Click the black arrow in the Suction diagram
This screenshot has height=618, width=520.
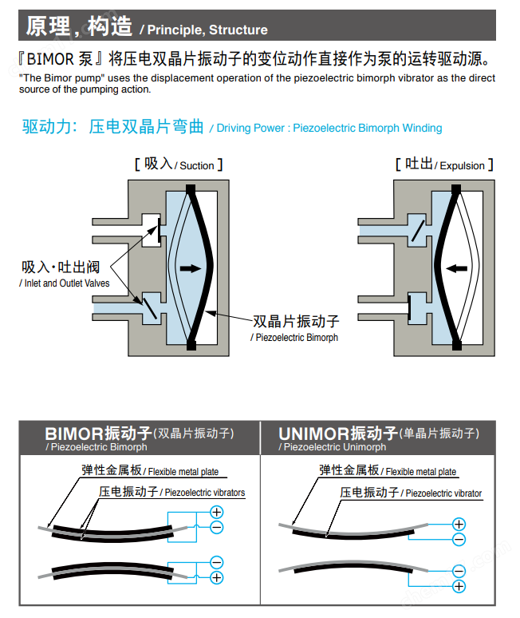(x=191, y=269)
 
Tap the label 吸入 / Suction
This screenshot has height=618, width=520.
(x=179, y=164)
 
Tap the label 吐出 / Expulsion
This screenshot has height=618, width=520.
(x=444, y=164)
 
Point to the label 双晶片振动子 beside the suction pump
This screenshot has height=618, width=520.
(x=296, y=321)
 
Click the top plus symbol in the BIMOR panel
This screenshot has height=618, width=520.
(x=216, y=512)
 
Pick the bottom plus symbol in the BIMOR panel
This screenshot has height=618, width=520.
(x=216, y=576)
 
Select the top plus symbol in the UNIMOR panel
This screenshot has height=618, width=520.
(x=459, y=525)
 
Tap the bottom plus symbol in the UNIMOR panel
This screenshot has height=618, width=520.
(x=459, y=586)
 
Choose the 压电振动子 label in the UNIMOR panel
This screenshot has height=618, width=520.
(x=369, y=492)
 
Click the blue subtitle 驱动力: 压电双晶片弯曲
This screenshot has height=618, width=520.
(x=115, y=127)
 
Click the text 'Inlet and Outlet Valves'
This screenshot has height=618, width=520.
(x=65, y=283)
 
